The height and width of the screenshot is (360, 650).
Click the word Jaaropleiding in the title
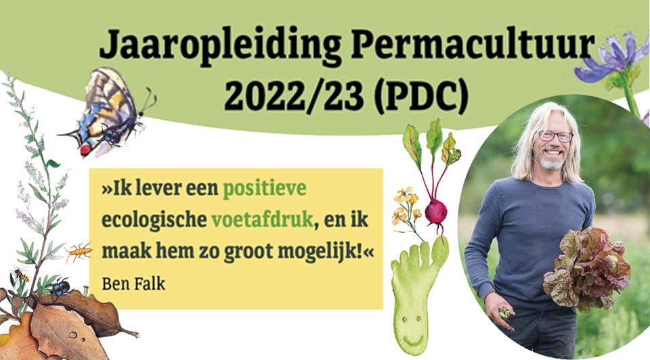tap(220, 45)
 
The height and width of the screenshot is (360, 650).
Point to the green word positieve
tap(265, 189)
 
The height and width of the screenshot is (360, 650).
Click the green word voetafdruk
tap(262, 219)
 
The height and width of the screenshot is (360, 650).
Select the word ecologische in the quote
tap(154, 220)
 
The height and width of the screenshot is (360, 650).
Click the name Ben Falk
tap(133, 284)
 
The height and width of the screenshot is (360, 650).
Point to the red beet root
tap(435, 212)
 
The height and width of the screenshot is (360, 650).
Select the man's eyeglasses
tap(555, 136)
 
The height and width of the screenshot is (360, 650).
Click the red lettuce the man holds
tap(588, 269)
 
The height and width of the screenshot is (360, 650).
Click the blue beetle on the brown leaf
tap(60, 287)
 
